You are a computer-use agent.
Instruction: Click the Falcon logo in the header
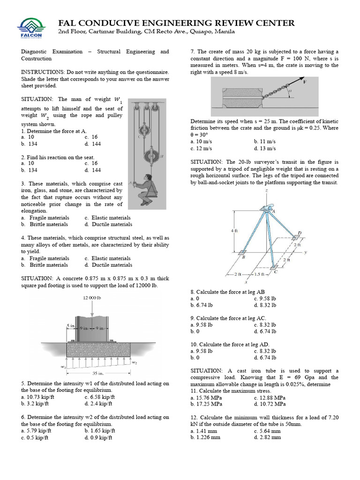point(30,28)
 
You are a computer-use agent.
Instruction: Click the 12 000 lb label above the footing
point(92,298)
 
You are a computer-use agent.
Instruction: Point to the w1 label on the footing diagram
point(62,366)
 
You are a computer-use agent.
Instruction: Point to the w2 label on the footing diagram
point(135,362)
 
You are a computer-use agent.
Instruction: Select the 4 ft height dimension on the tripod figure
point(234,231)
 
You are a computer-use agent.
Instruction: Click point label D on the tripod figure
point(300,232)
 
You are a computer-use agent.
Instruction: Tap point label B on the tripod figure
point(244,257)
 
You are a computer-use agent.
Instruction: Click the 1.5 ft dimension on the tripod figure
point(259,274)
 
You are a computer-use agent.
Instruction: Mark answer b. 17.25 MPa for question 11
point(206,404)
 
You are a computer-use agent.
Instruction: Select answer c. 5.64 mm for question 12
point(267,431)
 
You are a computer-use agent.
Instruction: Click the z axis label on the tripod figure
point(266,191)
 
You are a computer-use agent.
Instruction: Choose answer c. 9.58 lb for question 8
point(265,298)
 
